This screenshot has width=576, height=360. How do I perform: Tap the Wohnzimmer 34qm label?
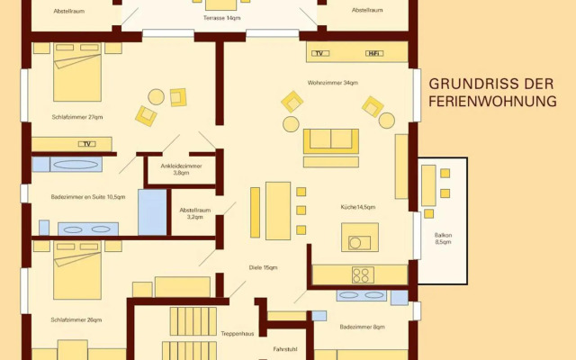click(x=332, y=83)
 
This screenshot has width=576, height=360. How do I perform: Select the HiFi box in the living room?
click(x=374, y=54)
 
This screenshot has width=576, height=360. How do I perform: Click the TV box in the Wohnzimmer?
click(x=320, y=54)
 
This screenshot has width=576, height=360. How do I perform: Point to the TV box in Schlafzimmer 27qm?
click(x=87, y=144)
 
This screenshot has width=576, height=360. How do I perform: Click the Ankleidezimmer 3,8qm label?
click(x=181, y=169)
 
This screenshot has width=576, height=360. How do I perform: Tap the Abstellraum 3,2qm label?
click(x=195, y=213)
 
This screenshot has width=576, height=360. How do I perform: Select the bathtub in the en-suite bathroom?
click(x=76, y=164)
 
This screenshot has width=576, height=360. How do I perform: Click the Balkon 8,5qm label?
click(x=443, y=238)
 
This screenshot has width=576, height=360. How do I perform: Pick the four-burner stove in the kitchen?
click(x=363, y=274)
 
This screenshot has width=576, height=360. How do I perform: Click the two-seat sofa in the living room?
click(x=331, y=141)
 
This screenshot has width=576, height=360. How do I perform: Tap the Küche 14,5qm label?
click(x=358, y=207)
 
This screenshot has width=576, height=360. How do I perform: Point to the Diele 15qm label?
click(x=264, y=267)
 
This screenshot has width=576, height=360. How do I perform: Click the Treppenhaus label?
click(x=238, y=334)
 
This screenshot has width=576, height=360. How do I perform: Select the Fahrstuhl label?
click(x=285, y=349)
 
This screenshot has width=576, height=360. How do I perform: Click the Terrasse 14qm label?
click(x=222, y=18)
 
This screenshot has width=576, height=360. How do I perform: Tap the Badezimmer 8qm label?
click(x=362, y=327)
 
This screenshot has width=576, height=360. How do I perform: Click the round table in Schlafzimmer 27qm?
click(x=156, y=97)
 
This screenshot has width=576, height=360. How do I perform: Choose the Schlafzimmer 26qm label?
click(x=76, y=320)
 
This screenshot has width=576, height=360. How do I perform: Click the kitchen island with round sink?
click(x=360, y=238)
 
